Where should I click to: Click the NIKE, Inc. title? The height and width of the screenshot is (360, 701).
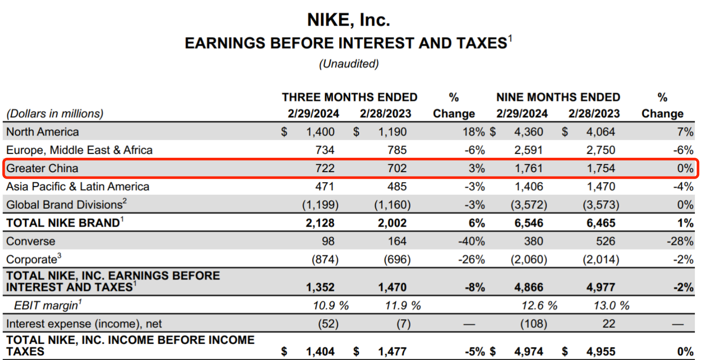click(x=348, y=20)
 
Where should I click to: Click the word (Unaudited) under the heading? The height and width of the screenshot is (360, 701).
click(x=349, y=64)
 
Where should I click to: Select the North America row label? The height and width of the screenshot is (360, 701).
click(x=42, y=132)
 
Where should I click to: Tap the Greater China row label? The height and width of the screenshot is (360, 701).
click(x=42, y=168)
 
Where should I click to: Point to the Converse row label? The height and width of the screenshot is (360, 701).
click(x=31, y=241)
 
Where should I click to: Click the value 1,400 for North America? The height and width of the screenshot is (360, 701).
click(x=320, y=132)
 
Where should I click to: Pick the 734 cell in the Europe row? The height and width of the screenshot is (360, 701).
click(x=325, y=150)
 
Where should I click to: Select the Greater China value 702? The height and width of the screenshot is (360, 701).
click(x=397, y=168)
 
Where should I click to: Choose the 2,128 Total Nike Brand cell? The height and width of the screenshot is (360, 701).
click(x=320, y=223)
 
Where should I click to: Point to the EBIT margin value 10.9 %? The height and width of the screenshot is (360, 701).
click(x=330, y=306)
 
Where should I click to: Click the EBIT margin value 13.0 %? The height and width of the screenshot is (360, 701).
click(x=611, y=306)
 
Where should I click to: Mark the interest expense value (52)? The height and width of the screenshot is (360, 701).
click(x=328, y=324)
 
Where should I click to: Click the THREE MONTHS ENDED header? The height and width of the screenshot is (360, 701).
click(x=349, y=97)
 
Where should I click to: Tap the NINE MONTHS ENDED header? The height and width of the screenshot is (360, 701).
click(x=558, y=97)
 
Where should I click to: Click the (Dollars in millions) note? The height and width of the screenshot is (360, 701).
click(x=54, y=114)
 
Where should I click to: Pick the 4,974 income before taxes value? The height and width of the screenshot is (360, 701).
click(x=528, y=351)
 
